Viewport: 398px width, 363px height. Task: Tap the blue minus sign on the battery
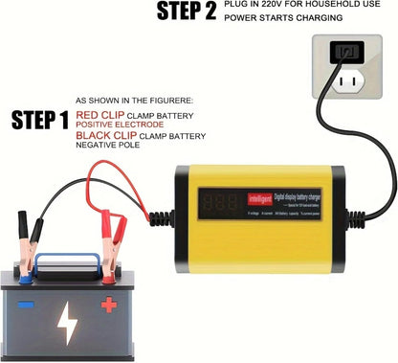click(x=26, y=305)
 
